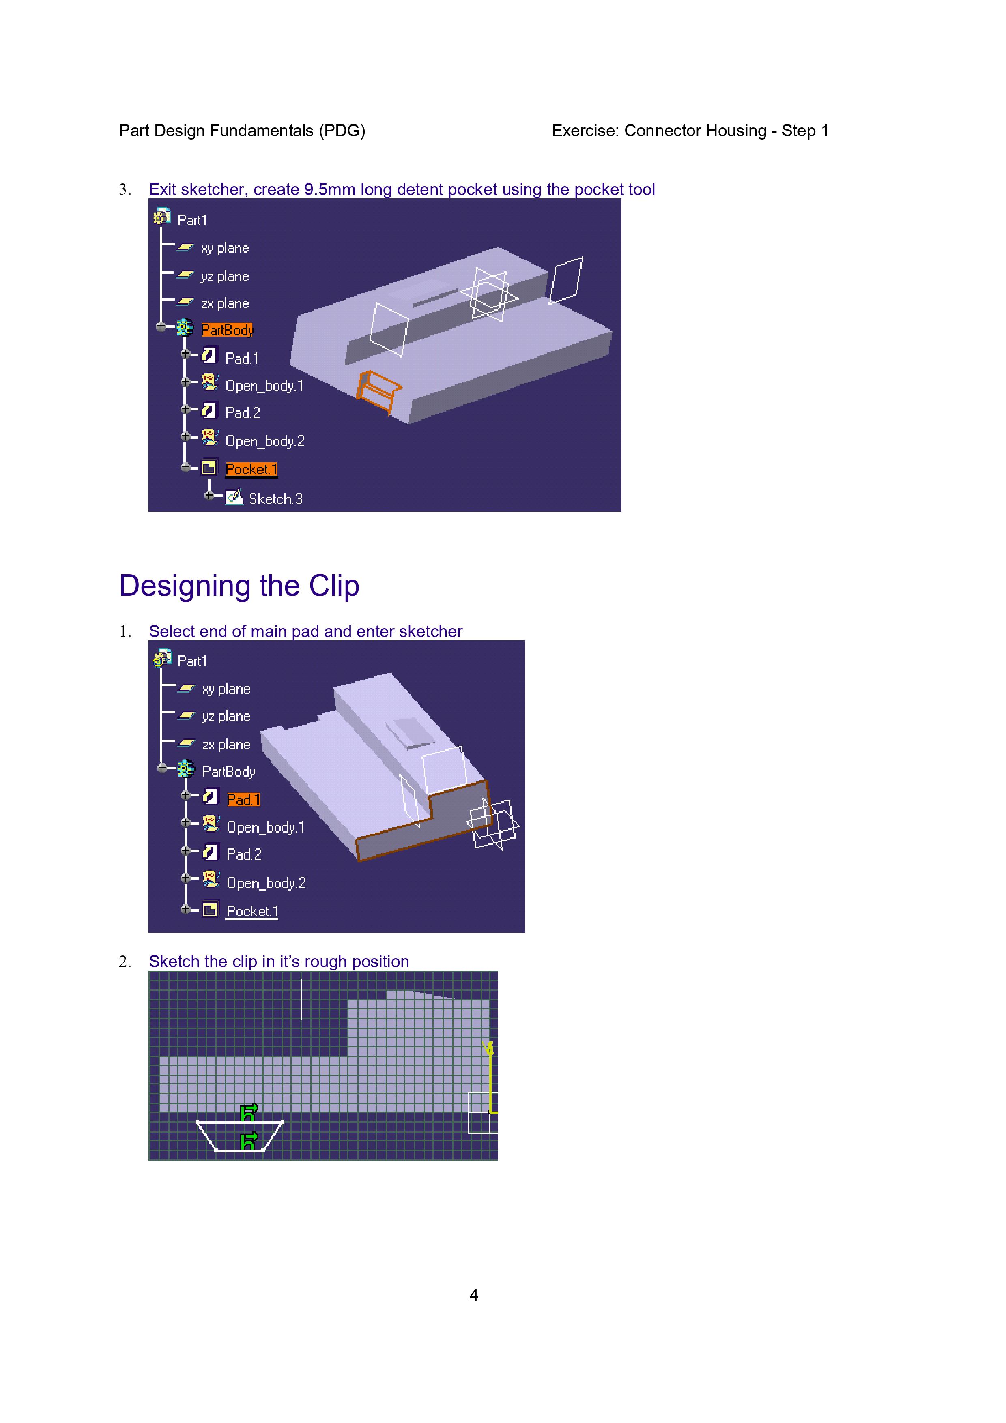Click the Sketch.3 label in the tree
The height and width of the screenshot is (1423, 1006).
[x=275, y=499]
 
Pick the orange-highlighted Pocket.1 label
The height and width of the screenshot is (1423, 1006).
[x=251, y=470]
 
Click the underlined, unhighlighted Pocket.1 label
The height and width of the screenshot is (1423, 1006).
[x=252, y=911]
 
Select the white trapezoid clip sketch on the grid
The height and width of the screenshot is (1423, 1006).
[x=240, y=1135]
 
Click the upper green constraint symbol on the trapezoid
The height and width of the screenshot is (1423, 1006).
[x=249, y=1112]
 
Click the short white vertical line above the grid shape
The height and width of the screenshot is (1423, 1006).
[x=301, y=999]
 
